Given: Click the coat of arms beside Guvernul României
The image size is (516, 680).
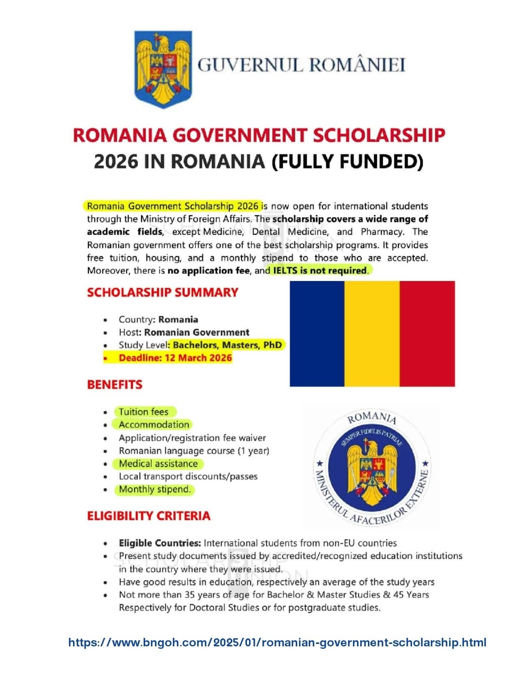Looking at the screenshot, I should click(x=163, y=69).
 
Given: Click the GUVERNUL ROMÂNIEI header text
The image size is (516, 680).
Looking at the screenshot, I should click(x=301, y=65).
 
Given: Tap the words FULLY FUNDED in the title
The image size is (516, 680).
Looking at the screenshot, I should click(x=348, y=161).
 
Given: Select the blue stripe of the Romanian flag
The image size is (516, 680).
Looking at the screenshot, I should click(x=317, y=334).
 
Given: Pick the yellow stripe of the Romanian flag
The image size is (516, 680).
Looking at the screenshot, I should click(x=372, y=334).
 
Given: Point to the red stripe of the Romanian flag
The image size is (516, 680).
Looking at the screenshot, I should click(x=427, y=334).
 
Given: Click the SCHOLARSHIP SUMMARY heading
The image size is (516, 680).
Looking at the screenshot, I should click(x=163, y=293).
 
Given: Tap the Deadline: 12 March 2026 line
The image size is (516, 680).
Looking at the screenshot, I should click(x=175, y=358).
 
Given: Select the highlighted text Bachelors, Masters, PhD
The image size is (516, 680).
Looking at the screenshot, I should click(x=227, y=345).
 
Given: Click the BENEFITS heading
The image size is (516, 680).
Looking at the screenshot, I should click(x=115, y=385).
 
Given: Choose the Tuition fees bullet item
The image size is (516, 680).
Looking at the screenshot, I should click(x=144, y=412).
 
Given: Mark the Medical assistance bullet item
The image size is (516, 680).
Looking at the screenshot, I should click(x=158, y=464).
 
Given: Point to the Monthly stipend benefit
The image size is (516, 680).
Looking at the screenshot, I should click(x=155, y=490).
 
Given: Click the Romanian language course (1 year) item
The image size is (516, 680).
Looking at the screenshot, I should click(x=194, y=451).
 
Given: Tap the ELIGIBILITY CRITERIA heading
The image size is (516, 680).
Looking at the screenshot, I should click(x=149, y=516).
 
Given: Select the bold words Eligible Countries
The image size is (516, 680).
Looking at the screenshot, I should click(x=159, y=543).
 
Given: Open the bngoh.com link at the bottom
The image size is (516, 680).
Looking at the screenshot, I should click(x=277, y=642).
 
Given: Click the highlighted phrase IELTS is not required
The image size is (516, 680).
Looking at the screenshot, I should click(x=320, y=270).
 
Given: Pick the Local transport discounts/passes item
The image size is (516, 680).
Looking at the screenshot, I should click(x=188, y=477).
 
